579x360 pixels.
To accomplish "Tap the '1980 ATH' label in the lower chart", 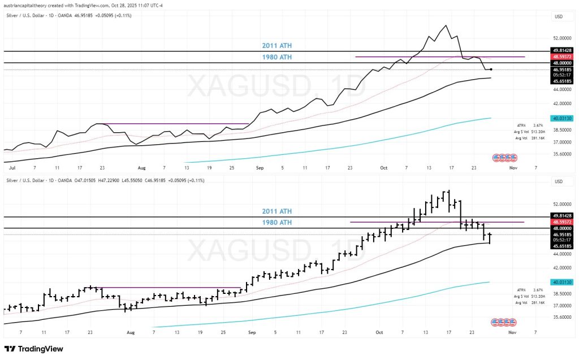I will pos(276,223).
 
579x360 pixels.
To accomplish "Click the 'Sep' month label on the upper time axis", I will pos(260,168).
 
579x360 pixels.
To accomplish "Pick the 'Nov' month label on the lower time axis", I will pos(512,333).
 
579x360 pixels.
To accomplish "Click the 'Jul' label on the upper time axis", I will pos(11,168).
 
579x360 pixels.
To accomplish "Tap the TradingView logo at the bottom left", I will pos(33,349).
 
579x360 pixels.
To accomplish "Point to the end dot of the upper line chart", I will pos(491,70).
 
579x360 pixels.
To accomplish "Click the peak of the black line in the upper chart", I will pos(447,25).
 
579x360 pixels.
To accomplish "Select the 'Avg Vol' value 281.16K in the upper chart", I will pos(536,138).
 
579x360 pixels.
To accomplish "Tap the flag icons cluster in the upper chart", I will pos(503,157).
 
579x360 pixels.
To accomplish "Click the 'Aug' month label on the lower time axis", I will pos(132,333).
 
